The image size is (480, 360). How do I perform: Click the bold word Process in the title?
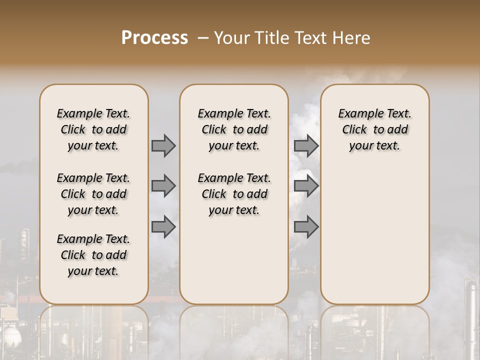point(154,37)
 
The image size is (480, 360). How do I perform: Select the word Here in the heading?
point(352,37)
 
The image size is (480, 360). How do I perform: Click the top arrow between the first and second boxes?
point(163,145)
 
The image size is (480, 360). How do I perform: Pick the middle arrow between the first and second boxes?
point(163,186)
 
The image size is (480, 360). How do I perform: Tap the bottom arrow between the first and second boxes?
point(163,226)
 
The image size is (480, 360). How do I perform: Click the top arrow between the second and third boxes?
point(306,145)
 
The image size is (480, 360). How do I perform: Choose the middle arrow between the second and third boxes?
point(306,186)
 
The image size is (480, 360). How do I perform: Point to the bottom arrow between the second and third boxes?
point(306,226)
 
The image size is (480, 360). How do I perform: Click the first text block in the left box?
point(93,129)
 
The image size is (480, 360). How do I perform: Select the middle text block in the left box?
point(93,194)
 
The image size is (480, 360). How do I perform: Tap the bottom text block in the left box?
point(93,255)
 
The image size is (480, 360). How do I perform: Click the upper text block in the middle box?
point(234,129)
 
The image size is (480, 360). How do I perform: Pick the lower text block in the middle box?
point(234,194)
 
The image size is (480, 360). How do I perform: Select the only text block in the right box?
point(374,129)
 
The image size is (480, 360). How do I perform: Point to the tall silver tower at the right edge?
point(470,310)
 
